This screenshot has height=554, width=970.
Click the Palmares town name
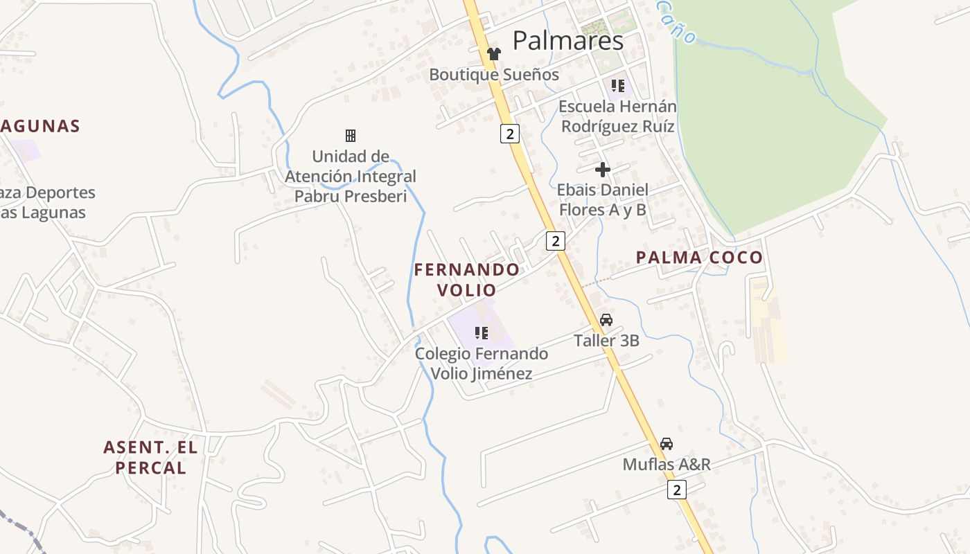click(x=567, y=42)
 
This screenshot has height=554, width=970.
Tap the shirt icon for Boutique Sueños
click(x=493, y=54)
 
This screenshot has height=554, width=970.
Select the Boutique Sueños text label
click(x=494, y=75)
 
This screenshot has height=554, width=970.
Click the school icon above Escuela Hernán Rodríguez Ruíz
click(x=617, y=86)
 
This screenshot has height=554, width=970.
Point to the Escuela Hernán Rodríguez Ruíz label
click(x=617, y=116)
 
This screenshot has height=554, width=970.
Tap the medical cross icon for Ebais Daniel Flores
click(x=603, y=170)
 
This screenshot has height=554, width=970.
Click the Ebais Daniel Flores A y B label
click(x=602, y=199)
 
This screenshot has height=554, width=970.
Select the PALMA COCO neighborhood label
click(x=699, y=258)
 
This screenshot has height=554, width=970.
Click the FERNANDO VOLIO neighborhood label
click(x=467, y=280)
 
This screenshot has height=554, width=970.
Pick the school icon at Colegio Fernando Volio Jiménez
click(x=482, y=333)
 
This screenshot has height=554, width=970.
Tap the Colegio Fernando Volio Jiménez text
click(x=482, y=364)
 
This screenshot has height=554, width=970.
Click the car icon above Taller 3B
click(x=606, y=320)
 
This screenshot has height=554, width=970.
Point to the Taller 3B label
click(x=606, y=341)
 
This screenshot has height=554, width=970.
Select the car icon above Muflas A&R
click(x=667, y=444)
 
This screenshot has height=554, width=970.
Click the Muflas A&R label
click(x=667, y=464)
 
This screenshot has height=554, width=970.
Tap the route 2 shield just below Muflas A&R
click(x=677, y=490)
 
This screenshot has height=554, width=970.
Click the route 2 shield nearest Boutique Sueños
click(x=510, y=134)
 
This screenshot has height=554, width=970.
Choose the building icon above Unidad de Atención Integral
click(x=351, y=136)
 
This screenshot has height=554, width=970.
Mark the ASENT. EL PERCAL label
click(x=150, y=458)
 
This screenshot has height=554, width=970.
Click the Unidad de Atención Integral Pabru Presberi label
click(x=351, y=177)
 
